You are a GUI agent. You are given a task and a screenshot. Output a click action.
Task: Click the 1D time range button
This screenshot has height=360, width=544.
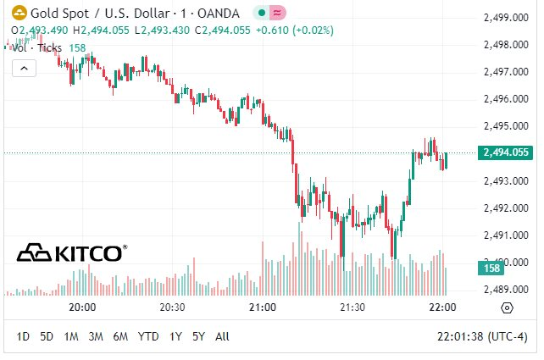click(x=23, y=336)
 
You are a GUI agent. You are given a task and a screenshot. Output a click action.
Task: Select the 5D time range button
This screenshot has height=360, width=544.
click(x=47, y=336)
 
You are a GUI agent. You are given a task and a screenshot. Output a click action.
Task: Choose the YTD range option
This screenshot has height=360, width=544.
click(x=148, y=336)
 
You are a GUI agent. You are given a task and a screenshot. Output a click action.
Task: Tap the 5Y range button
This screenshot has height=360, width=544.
click(x=199, y=336)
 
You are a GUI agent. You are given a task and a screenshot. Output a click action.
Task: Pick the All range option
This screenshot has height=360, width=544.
click(x=222, y=336)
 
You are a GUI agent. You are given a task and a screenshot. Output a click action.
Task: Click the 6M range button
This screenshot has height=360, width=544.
click(x=120, y=336)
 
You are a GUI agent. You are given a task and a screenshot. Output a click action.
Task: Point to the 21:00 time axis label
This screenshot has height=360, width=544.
click(x=263, y=307)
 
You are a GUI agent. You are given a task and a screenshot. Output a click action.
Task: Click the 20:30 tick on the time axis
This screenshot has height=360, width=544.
click(x=172, y=307)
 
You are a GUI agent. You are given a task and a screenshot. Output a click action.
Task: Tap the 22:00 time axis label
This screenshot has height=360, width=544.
click(x=442, y=307)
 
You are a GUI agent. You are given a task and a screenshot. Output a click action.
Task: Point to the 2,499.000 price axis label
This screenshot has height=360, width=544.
click(x=506, y=17)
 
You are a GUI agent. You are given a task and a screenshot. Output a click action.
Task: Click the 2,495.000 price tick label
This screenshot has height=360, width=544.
click(x=506, y=126)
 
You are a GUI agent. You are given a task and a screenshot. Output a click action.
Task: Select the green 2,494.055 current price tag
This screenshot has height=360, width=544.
click(x=505, y=152)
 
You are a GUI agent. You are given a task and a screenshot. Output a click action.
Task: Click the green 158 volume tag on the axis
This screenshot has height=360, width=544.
click(x=491, y=268)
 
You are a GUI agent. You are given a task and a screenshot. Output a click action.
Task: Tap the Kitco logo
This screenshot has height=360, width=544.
click(x=72, y=252)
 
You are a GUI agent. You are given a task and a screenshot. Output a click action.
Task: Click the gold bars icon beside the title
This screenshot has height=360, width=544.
click(x=19, y=14)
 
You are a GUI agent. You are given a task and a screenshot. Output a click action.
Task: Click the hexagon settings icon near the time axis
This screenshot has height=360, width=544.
click(x=507, y=307)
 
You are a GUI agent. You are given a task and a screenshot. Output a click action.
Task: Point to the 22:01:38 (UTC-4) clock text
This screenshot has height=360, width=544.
click(x=482, y=336)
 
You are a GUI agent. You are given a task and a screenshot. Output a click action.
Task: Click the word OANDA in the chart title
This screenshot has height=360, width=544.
click(x=219, y=14)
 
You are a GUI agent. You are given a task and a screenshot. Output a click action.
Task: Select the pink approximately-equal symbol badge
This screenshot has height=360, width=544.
click(x=277, y=14)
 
